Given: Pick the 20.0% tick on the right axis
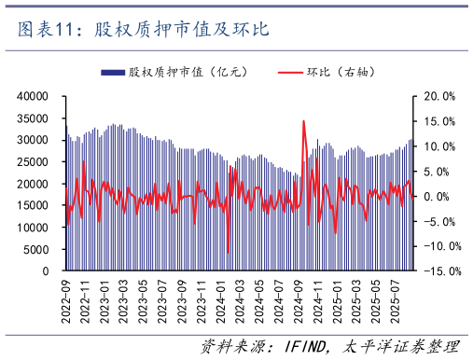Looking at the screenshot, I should tap(439, 96).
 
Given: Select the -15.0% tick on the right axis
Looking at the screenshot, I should tap(438, 271).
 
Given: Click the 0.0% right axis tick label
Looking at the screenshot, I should tap(442, 197).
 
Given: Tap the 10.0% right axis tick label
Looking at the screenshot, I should tap(439, 146).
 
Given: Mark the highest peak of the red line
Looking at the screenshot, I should tap(303, 120).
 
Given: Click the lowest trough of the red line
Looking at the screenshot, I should tap(229, 253).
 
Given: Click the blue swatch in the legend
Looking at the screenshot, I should tap(113, 72).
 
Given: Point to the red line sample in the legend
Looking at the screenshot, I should tap(292, 72).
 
